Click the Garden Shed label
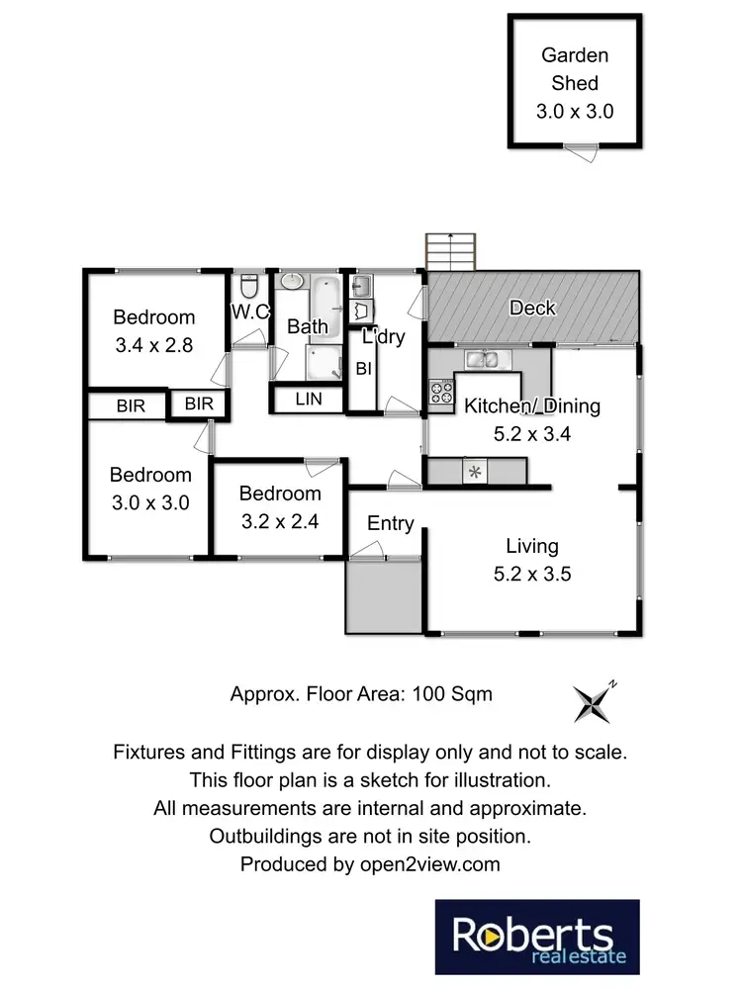point(575,69)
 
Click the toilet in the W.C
point(249,286)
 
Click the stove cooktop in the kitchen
point(439,393)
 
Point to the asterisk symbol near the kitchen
point(475,473)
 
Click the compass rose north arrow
point(595,703)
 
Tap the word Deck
point(532,308)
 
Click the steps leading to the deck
point(450,251)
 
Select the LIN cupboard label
point(307,400)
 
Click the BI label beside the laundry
point(362,369)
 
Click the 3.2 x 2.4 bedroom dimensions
point(280,519)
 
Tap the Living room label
point(531,546)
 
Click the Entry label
point(390,523)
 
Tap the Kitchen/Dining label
point(532,405)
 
